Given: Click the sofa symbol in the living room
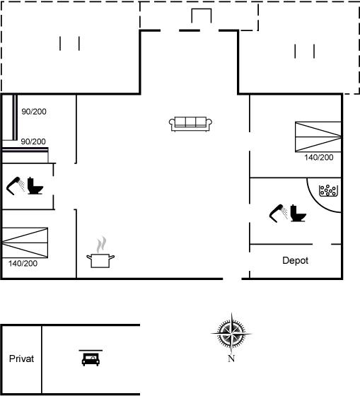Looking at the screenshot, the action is point(190,124).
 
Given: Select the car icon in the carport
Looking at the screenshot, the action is point(91,359).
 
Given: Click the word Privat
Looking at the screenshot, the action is point(21,359).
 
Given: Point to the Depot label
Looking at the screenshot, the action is point(296,260).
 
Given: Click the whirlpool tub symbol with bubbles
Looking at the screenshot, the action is point(328,191).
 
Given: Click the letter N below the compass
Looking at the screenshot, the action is point(231,359).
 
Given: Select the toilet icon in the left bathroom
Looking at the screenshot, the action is point(35,185).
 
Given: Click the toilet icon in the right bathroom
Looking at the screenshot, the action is point(298,213).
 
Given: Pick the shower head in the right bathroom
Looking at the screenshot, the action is point(279,214).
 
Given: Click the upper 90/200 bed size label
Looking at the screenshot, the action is point(34,112).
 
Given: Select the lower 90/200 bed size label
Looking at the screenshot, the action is point(33,141).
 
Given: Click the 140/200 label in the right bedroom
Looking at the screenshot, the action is point(319,157).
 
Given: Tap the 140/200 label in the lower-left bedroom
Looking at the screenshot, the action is point(23,263).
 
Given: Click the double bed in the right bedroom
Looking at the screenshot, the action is point(318,137).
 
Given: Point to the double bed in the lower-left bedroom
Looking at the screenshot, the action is point(25,243).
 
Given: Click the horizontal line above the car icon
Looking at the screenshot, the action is point(91,350).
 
